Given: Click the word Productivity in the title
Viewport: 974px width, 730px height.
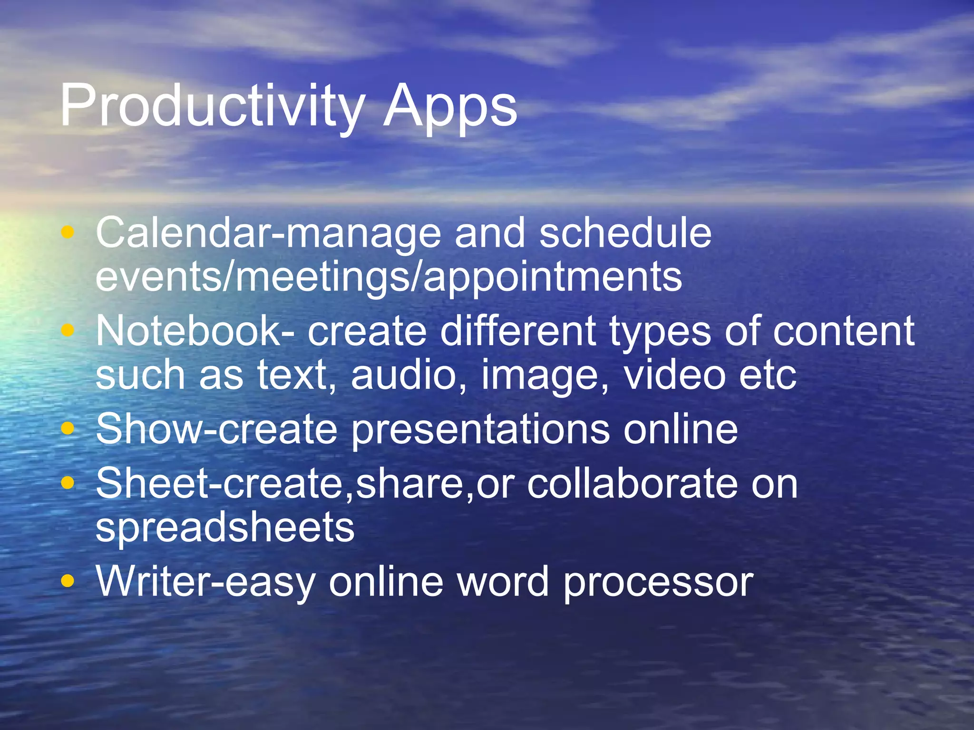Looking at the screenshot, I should point(212,106).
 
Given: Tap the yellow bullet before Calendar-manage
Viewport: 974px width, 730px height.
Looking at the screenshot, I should point(68,232).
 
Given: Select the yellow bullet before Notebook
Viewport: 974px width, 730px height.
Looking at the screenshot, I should point(68,329).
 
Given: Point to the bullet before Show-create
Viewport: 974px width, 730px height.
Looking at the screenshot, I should point(68,428).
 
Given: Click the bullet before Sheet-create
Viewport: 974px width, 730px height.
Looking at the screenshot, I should point(68,483).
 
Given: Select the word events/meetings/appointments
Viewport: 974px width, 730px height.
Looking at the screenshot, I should point(389,277).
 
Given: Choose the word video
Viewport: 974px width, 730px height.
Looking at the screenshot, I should point(674,375).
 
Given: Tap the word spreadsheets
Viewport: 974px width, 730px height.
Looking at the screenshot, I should point(225,528).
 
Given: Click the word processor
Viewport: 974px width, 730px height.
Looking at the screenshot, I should point(658,582).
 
